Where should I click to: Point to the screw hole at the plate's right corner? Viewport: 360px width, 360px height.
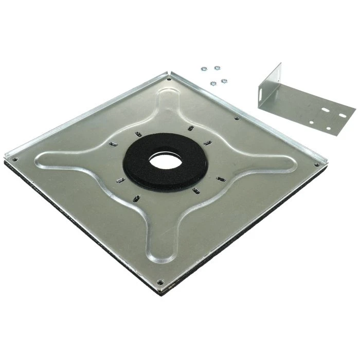316,165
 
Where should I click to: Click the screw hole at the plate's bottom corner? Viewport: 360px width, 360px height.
160,282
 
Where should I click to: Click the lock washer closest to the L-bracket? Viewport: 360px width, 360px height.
224,81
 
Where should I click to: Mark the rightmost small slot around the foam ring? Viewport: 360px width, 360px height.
221,179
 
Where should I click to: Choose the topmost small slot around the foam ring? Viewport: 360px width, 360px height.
190,128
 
